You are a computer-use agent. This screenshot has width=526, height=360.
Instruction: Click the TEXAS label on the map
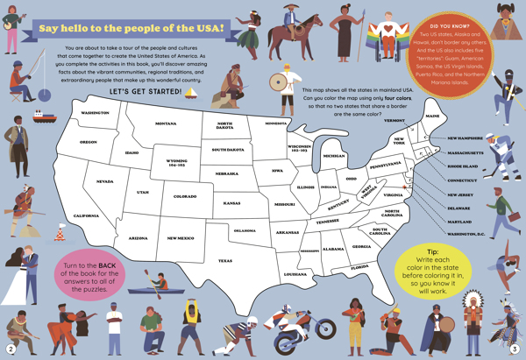click(x=225, y=261)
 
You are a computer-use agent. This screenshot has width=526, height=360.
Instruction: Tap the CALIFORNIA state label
click(x=85, y=215)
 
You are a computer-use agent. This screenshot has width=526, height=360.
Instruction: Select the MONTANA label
click(x=166, y=124)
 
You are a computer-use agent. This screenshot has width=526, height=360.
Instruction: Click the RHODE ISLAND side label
click(x=464, y=166)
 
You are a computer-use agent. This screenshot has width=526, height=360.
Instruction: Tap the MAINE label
click(x=432, y=116)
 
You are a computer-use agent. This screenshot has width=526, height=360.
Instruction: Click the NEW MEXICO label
click(x=181, y=237)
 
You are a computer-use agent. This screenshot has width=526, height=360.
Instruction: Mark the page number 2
click(x=11, y=348)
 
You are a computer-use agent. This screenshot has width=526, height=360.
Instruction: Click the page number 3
click(x=515, y=348)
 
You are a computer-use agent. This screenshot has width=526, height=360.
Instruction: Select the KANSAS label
click(x=231, y=203)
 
